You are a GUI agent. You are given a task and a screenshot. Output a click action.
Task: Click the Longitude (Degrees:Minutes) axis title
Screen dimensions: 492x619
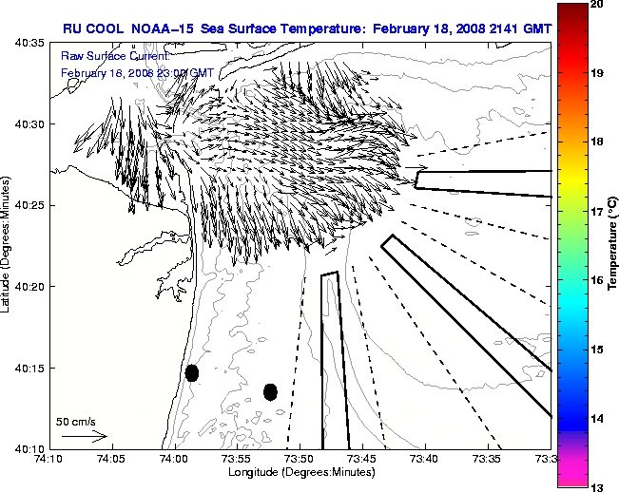(300, 472)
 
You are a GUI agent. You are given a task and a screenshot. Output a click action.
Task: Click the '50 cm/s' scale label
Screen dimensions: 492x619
(74, 421)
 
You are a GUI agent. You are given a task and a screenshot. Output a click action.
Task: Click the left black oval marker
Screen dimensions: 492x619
(191, 372)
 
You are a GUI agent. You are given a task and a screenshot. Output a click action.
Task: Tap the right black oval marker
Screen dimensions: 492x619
(270, 391)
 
